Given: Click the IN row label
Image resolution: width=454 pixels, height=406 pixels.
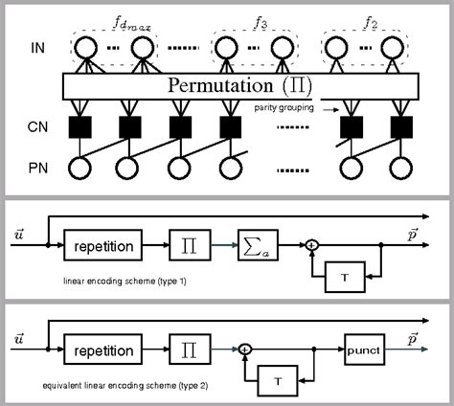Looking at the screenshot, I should (38, 46).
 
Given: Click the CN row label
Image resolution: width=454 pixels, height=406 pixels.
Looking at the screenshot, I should (38, 124).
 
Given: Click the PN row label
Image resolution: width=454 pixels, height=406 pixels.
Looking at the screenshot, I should (38, 171).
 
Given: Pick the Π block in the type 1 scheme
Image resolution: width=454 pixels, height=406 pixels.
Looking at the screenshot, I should (186, 244).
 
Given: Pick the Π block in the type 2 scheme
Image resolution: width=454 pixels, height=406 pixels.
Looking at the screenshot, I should (186, 350).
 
